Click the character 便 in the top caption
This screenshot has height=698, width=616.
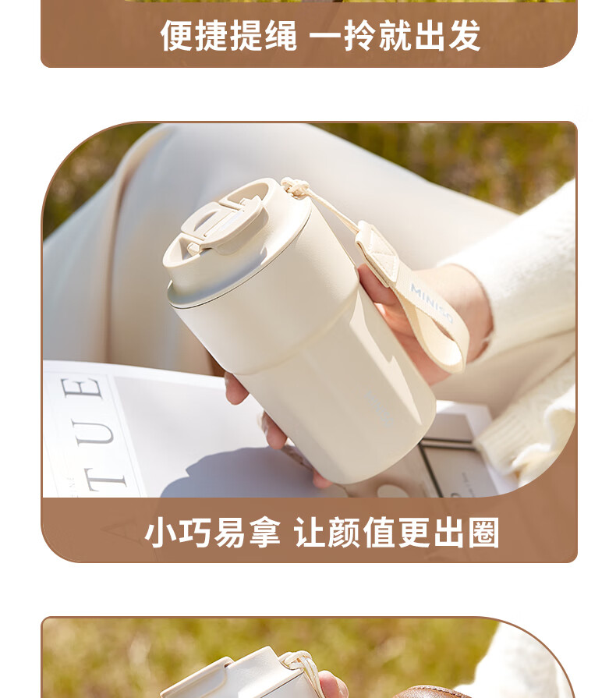[x=177, y=36]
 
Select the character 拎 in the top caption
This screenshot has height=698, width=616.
[x=360, y=36]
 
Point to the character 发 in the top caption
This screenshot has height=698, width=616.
[x=465, y=36]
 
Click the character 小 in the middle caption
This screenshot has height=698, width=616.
[x=161, y=533]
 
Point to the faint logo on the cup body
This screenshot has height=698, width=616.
[x=378, y=408]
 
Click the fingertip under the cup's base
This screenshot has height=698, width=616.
[x=321, y=480]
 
